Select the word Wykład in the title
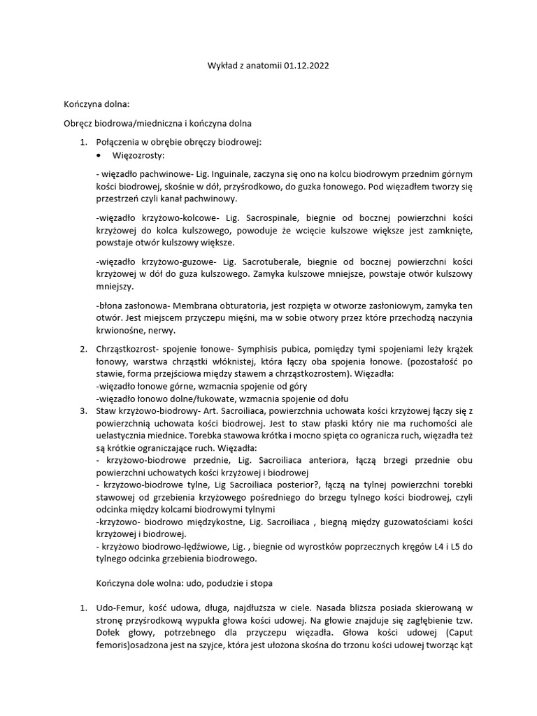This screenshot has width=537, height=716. click(x=222, y=65)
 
